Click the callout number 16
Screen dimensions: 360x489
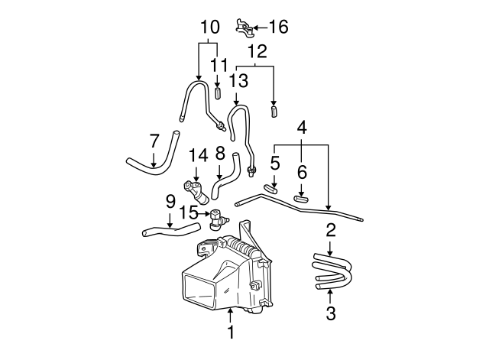277,28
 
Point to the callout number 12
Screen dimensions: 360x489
257,52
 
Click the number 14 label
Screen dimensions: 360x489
198,155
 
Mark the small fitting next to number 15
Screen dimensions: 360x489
216,217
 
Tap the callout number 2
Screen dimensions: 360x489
330,229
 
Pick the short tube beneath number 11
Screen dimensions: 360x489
217,95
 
